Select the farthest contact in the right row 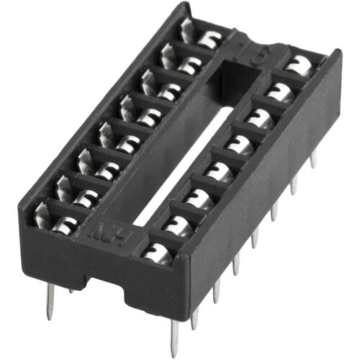(294, 64)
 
